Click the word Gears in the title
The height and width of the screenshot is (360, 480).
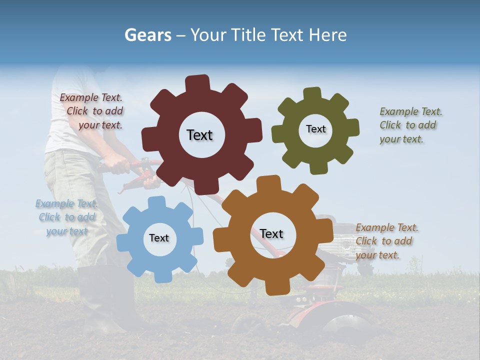pos(147,35)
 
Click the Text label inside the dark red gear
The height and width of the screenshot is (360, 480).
pos(199,135)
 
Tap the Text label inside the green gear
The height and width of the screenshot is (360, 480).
pos(315,129)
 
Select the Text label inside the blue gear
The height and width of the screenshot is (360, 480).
pos(159,238)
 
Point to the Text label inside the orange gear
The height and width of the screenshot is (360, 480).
pos(271,234)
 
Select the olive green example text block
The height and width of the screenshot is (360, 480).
pos(410,125)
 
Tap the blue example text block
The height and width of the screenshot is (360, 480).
pos(66,217)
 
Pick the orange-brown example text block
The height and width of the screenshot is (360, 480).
pos(386,241)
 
